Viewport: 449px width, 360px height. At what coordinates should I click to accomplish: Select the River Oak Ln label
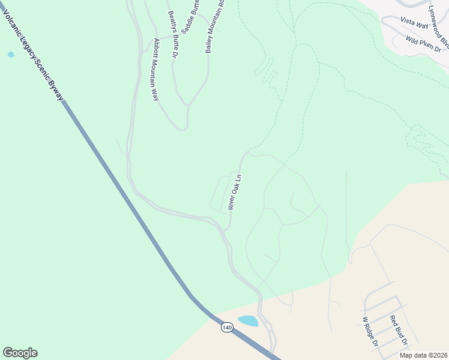pos(235,192)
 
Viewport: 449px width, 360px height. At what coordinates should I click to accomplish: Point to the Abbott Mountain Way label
pos(156,70)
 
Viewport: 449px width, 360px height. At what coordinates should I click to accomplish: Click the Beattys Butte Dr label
pos(172,34)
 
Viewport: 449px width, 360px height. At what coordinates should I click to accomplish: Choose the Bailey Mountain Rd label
pos(214,26)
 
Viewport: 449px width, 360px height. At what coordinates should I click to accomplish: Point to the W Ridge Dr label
pos(369,332)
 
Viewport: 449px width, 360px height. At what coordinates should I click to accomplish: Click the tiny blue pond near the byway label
pos(11,55)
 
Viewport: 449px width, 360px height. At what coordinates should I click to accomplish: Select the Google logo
pos(20,353)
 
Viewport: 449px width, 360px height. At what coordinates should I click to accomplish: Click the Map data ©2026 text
pos(423,355)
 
